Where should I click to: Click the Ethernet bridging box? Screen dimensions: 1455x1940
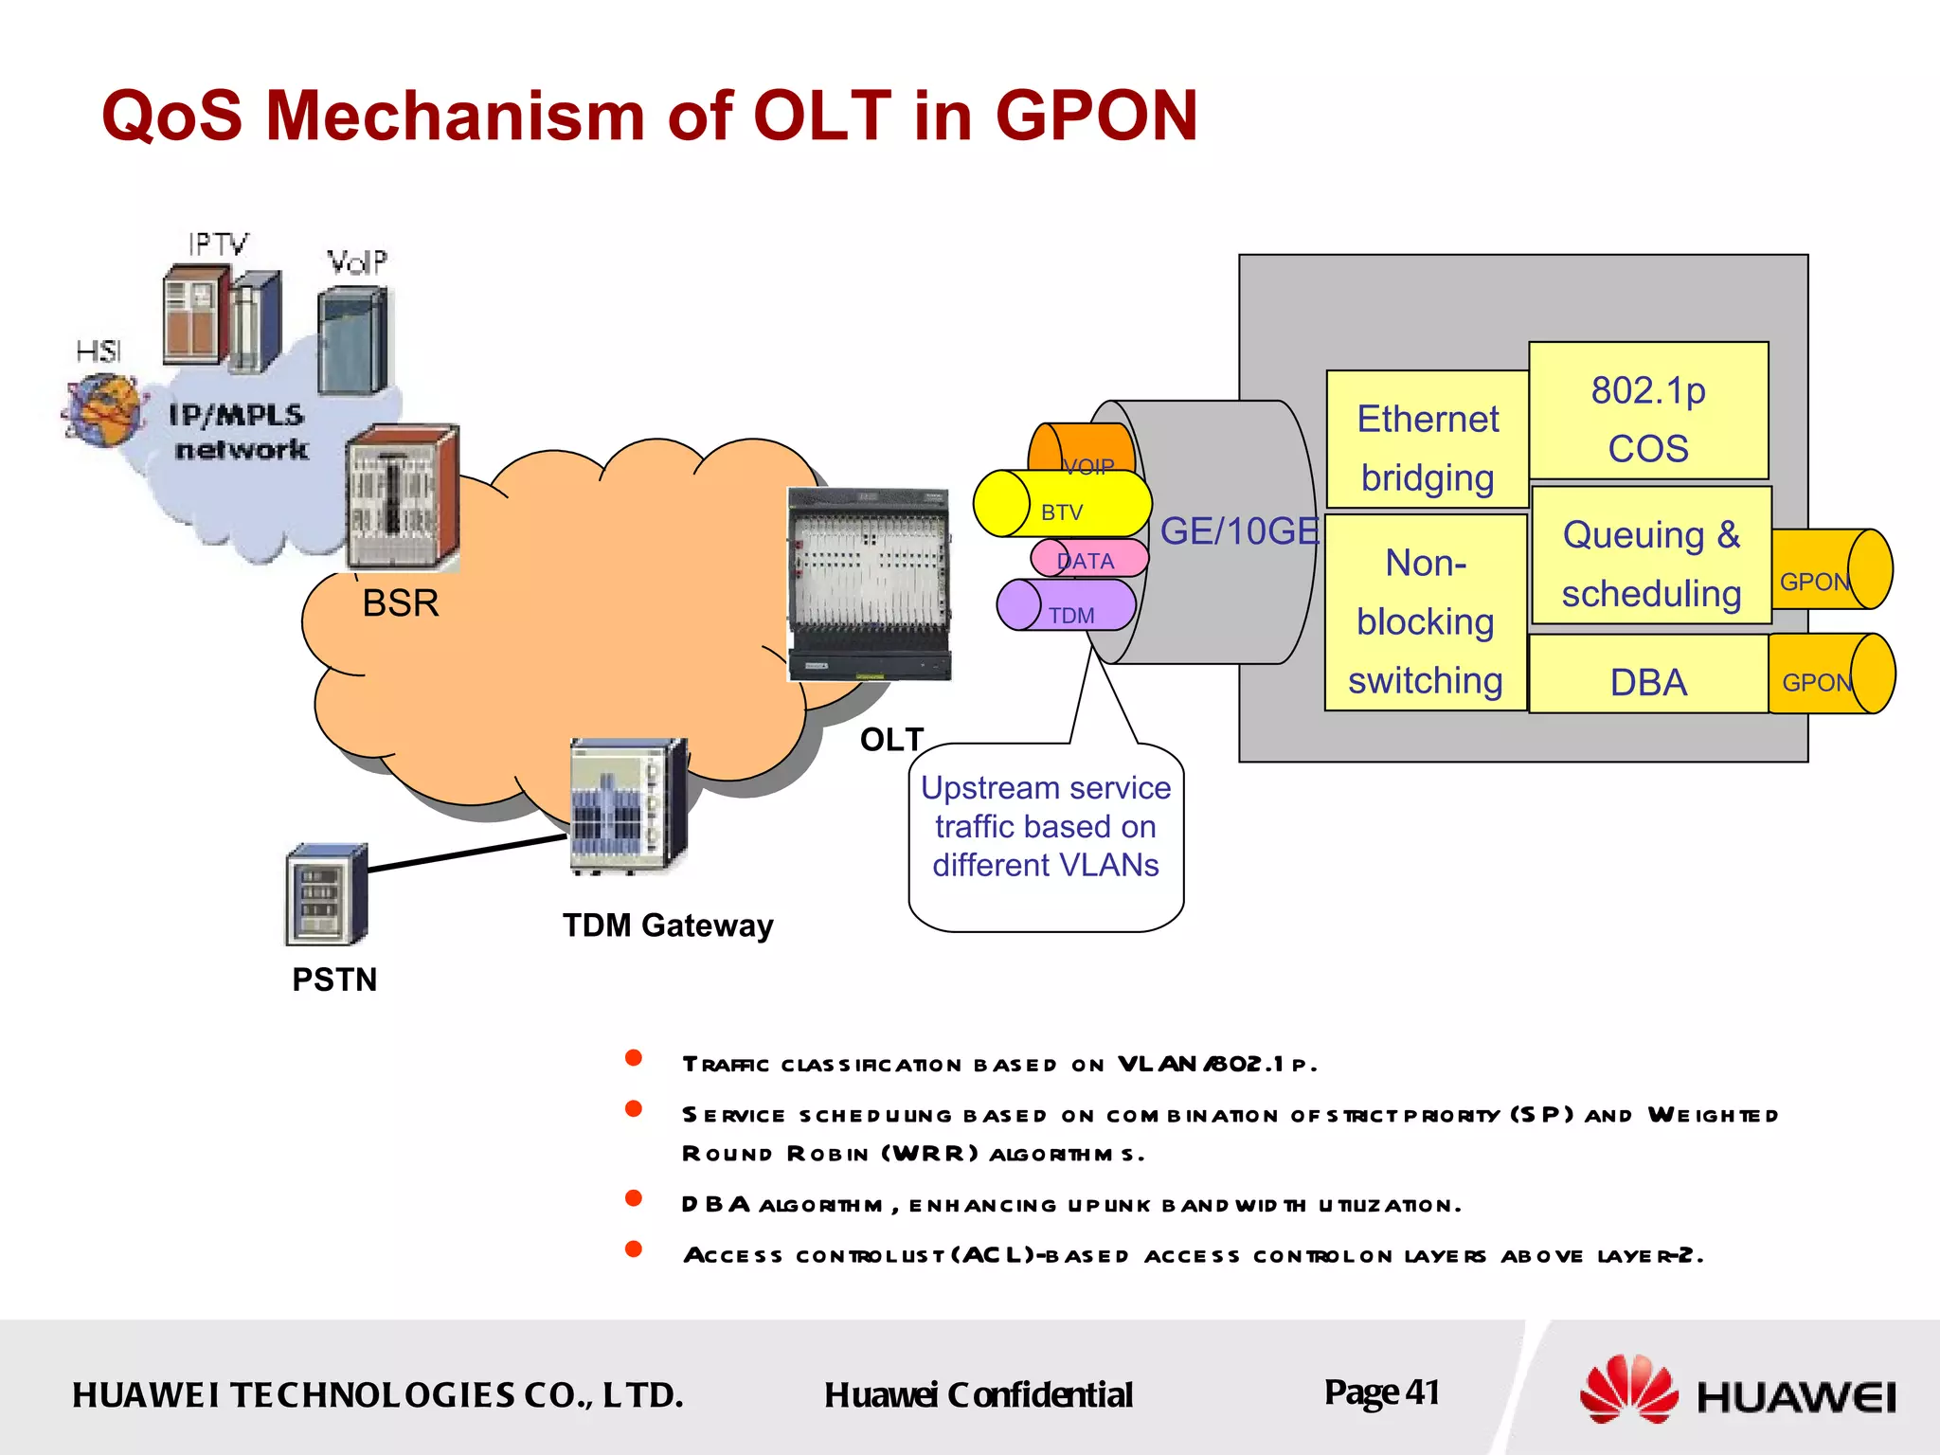click(1427, 440)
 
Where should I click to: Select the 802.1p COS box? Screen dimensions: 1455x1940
click(1648, 411)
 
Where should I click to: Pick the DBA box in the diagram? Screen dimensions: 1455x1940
click(1648, 674)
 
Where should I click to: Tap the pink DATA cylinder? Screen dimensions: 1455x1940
click(1089, 559)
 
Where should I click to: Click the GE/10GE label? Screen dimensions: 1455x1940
click(1239, 532)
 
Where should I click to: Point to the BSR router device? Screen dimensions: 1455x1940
click(403, 497)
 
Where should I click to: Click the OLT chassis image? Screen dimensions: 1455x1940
click(869, 584)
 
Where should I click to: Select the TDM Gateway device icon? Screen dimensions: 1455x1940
click(628, 805)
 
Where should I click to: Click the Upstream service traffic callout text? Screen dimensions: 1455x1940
click(1046, 827)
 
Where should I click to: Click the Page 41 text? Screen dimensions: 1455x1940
click(1381, 1392)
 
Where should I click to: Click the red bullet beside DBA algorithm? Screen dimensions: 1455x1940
click(634, 1199)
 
